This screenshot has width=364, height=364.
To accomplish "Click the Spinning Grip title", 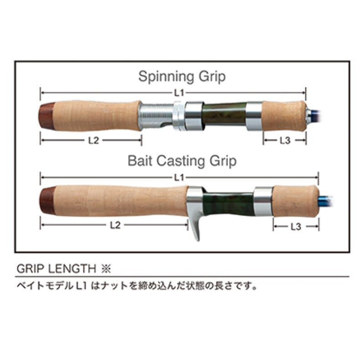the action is (x=182, y=76).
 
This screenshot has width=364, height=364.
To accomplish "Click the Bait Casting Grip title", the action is (x=182, y=161).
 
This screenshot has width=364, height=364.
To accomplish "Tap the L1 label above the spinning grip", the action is (x=179, y=93).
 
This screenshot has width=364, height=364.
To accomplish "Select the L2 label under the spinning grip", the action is (x=94, y=140).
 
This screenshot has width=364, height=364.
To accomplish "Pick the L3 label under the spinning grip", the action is (x=285, y=140).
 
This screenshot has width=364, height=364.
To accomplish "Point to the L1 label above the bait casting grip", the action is (x=179, y=178).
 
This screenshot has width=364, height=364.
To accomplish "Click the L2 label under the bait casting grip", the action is (x=116, y=225).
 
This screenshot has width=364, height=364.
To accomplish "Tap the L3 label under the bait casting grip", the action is (x=296, y=227).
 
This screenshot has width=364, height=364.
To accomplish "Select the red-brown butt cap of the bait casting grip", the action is (x=48, y=200).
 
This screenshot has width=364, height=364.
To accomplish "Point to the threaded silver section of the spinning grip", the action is (x=156, y=116).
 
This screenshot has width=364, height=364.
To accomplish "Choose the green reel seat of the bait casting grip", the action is (x=229, y=203).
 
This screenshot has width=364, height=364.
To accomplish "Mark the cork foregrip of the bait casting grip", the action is (x=296, y=201).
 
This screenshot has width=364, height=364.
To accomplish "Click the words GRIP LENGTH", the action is (x=56, y=269).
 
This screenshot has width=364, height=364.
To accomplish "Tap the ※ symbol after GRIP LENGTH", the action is (x=106, y=269).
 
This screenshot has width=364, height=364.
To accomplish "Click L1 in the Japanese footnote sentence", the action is (x=81, y=286).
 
